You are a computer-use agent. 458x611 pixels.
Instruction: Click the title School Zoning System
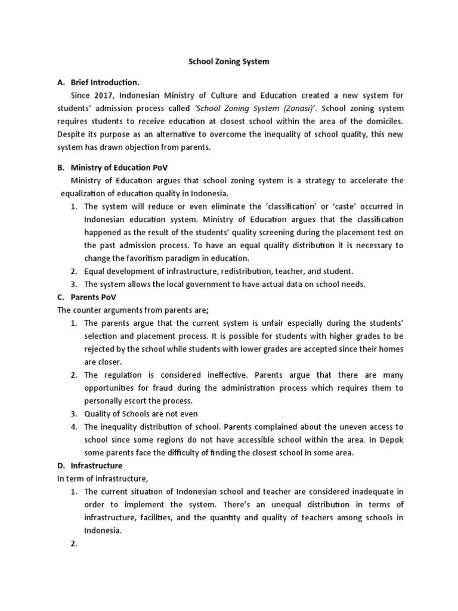(229, 61)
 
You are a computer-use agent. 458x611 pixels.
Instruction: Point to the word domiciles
(383, 121)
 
